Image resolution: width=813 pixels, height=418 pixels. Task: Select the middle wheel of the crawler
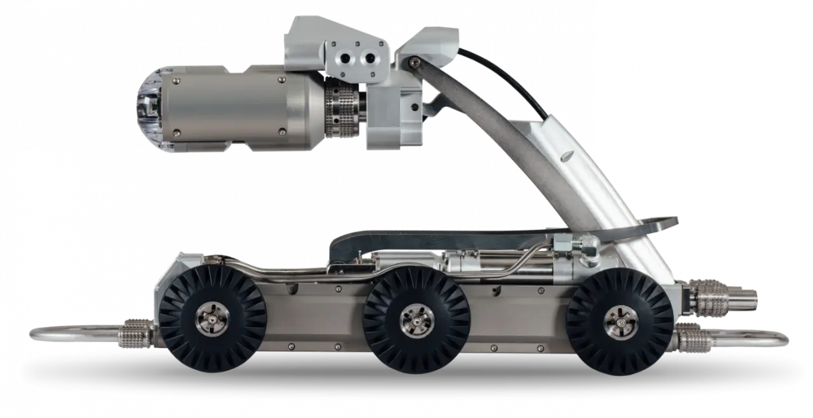click(x=417, y=318)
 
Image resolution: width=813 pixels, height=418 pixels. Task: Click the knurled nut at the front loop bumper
click(x=137, y=331)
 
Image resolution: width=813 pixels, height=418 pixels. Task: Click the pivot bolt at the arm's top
click(x=414, y=62)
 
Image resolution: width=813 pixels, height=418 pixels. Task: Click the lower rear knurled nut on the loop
click(x=695, y=337)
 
